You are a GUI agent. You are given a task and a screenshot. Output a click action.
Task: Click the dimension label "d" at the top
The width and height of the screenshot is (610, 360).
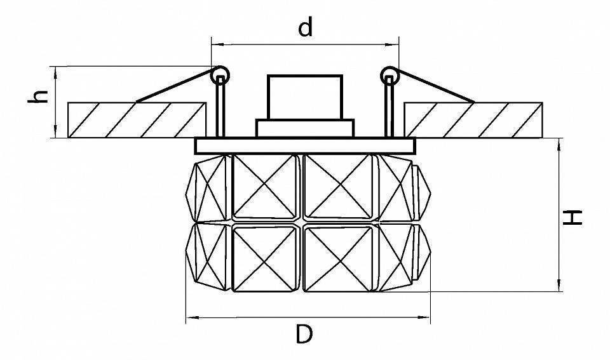(306, 27)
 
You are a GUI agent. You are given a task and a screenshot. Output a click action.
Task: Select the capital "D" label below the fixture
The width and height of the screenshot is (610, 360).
(304, 335)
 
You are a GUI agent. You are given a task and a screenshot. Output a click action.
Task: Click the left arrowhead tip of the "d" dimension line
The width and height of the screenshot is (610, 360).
(211, 44)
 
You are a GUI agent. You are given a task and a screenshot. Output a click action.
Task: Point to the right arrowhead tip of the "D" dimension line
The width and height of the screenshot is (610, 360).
(430, 317)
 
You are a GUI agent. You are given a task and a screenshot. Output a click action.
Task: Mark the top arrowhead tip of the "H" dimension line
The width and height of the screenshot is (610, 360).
(559, 138)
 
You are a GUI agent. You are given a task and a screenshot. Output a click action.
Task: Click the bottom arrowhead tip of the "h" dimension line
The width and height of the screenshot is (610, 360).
(57, 137)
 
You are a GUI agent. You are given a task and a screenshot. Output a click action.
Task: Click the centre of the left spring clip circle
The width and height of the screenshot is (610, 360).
(220, 76)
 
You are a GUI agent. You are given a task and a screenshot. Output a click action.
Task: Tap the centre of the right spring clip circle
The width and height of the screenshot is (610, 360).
(390, 76)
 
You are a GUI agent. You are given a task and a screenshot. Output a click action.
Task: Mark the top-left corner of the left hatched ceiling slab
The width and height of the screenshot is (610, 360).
(68, 103)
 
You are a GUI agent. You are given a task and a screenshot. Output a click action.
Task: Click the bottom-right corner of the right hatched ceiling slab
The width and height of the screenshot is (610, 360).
(542, 138)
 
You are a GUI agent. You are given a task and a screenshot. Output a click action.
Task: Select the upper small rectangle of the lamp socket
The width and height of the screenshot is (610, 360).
(305, 97)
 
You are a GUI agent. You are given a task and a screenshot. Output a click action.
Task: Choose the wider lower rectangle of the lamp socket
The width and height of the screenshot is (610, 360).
(305, 128)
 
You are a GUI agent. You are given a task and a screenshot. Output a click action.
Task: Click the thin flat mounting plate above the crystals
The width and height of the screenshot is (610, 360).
(305, 146)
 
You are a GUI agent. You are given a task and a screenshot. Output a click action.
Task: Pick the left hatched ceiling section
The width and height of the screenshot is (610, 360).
(137, 120)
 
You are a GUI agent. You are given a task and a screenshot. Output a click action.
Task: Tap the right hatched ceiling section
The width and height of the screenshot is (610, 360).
(473, 120)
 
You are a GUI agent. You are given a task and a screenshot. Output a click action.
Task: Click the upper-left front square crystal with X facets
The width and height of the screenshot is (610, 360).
(264, 187)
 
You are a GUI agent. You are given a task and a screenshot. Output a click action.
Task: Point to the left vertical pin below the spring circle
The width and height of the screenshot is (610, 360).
(220, 107)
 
